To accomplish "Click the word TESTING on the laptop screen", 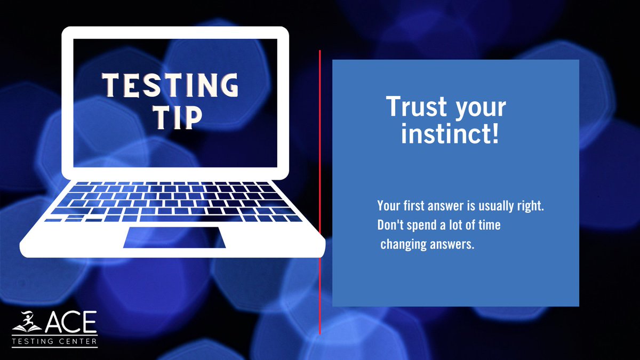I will coord(170,85).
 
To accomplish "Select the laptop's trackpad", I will coord(174,237).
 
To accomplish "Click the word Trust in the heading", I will coord(414,108).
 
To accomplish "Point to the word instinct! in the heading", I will coord(450,134).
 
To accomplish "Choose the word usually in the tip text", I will coord(497,206).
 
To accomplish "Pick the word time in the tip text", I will coord(489,225).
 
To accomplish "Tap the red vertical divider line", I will coord(319,192).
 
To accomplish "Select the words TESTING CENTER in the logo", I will coord(54,341).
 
